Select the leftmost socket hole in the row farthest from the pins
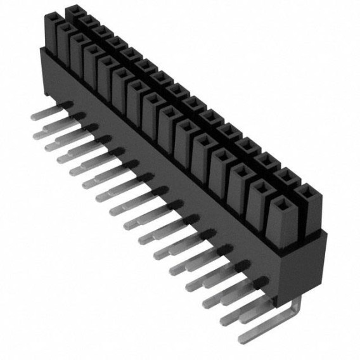pos(75,11)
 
